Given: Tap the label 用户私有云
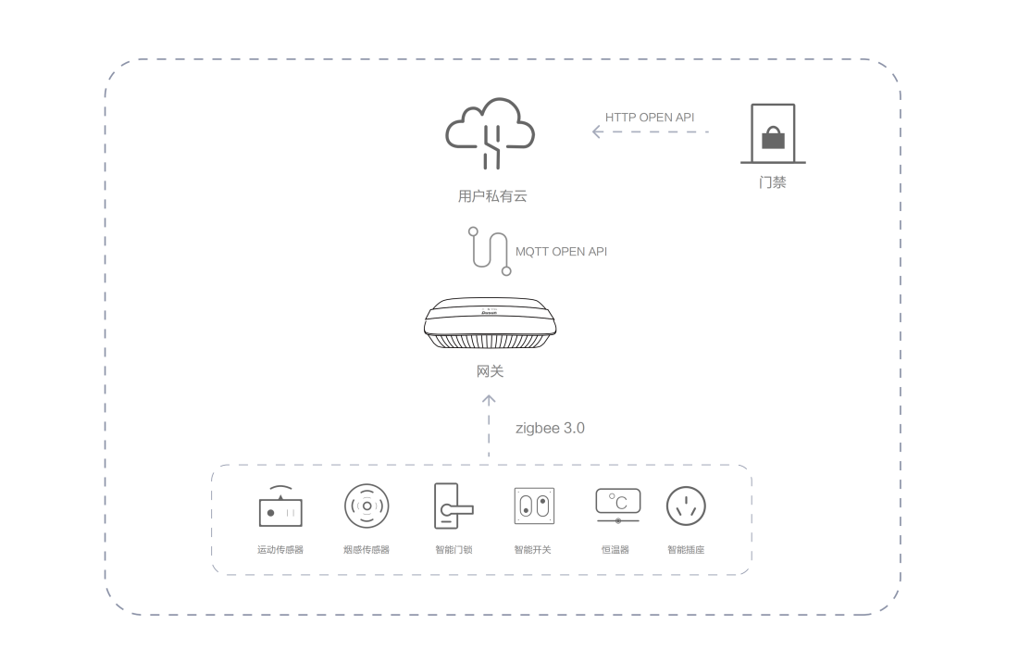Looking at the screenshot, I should (491, 196).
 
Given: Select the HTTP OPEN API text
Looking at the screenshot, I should (650, 118).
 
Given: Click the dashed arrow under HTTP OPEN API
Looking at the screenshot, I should (650, 132).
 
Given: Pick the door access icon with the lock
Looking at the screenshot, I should (773, 134).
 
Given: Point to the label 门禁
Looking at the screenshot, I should (773, 182).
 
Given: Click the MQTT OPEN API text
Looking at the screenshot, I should (562, 252).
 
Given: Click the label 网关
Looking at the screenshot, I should (491, 371).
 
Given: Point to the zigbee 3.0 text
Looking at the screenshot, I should (550, 429).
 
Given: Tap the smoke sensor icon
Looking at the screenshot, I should (367, 506).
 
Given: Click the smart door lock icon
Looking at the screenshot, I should (453, 506).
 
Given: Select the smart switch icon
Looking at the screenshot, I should (533, 506).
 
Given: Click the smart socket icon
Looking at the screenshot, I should (686, 506).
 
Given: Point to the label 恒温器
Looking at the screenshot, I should (615, 550).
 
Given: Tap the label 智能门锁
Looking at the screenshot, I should (454, 550).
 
